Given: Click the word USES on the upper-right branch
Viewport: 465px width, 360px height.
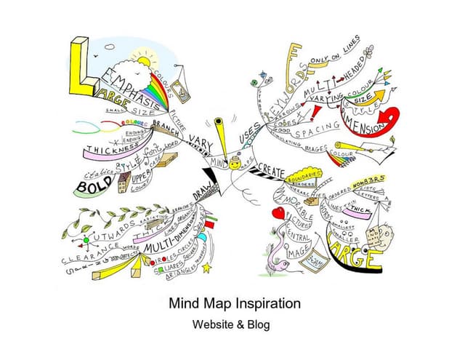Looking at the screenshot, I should click(x=250, y=132).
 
